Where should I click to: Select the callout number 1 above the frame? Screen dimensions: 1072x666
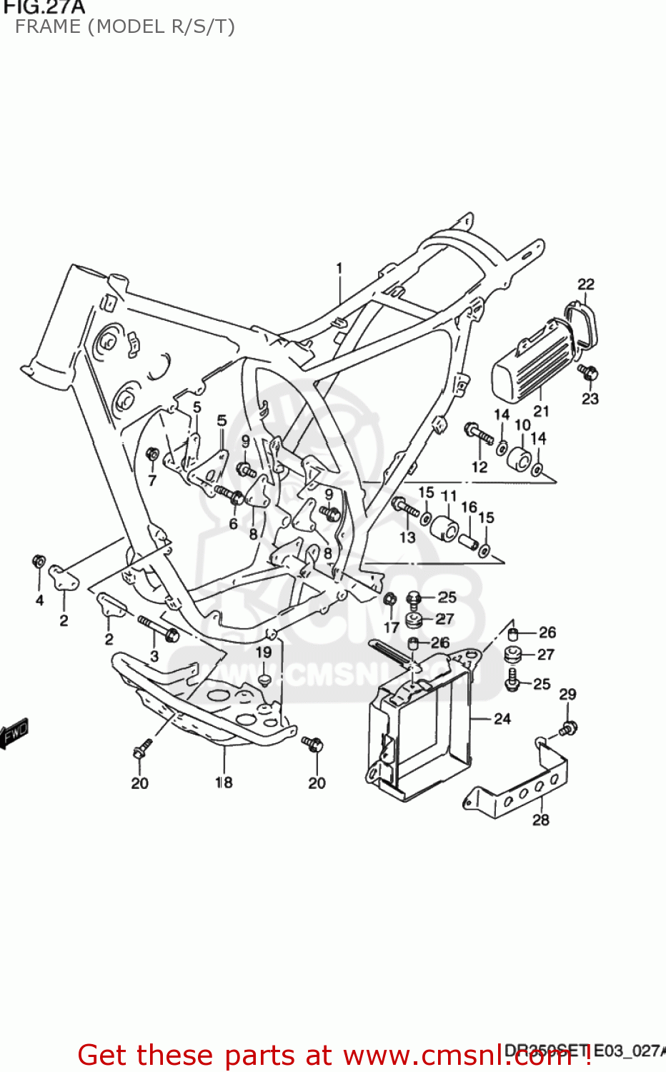click(339, 269)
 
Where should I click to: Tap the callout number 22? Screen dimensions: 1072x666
click(585, 284)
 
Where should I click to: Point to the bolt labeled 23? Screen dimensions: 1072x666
click(590, 373)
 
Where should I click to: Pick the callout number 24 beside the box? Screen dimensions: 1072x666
click(502, 718)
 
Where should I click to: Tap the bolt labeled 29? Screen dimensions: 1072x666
click(568, 728)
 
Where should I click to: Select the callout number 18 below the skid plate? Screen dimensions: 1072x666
click(224, 783)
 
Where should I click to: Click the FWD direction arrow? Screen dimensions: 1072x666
click(14, 733)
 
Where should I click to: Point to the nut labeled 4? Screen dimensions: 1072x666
click(39, 562)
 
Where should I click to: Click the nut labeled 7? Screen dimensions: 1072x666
click(151, 455)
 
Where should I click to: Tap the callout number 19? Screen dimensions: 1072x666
click(264, 652)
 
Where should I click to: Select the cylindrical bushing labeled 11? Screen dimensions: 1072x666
click(444, 530)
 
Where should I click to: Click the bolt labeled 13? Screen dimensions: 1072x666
click(405, 507)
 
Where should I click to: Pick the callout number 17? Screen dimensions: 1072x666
click(391, 627)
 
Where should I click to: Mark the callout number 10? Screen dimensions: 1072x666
click(522, 425)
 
